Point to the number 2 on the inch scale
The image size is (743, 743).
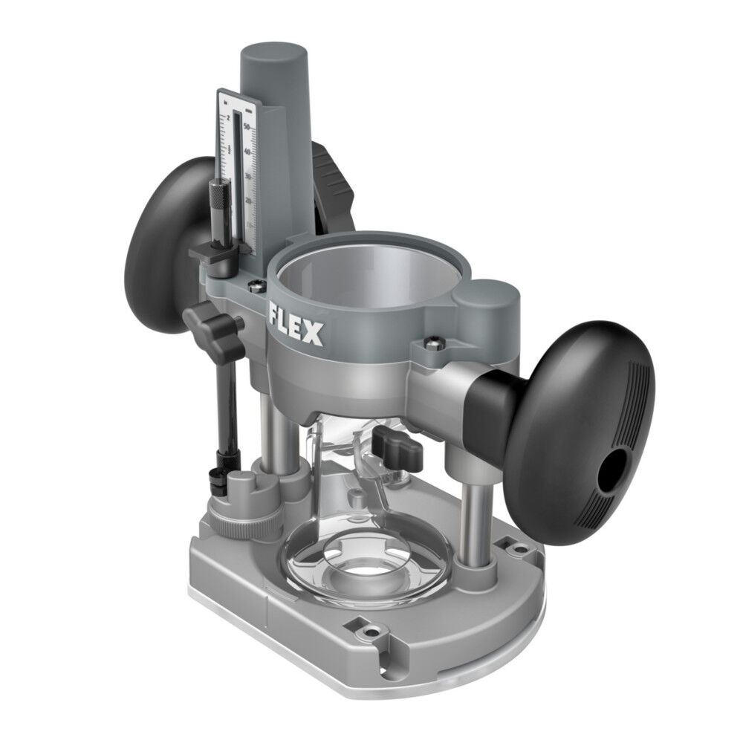(227, 119)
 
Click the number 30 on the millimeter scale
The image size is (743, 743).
(249, 177)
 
